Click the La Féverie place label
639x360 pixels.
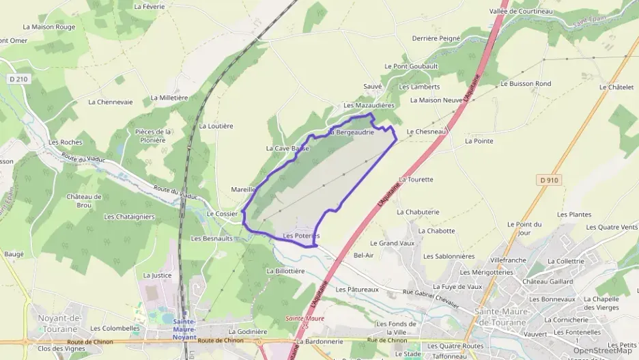click(150, 6)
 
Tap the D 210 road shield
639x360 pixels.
click(19, 79)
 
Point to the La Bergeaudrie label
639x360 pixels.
click(352, 132)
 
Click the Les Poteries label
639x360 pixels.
click(300, 236)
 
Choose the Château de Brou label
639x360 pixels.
click(84, 201)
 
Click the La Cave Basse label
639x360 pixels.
click(287, 148)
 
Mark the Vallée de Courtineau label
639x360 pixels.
click(521, 11)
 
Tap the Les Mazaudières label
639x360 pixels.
click(369, 106)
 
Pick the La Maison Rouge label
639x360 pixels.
click(49, 27)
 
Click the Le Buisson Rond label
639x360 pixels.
click(526, 83)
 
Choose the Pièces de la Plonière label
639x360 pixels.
click(152, 136)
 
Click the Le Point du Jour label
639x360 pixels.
click(524, 228)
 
